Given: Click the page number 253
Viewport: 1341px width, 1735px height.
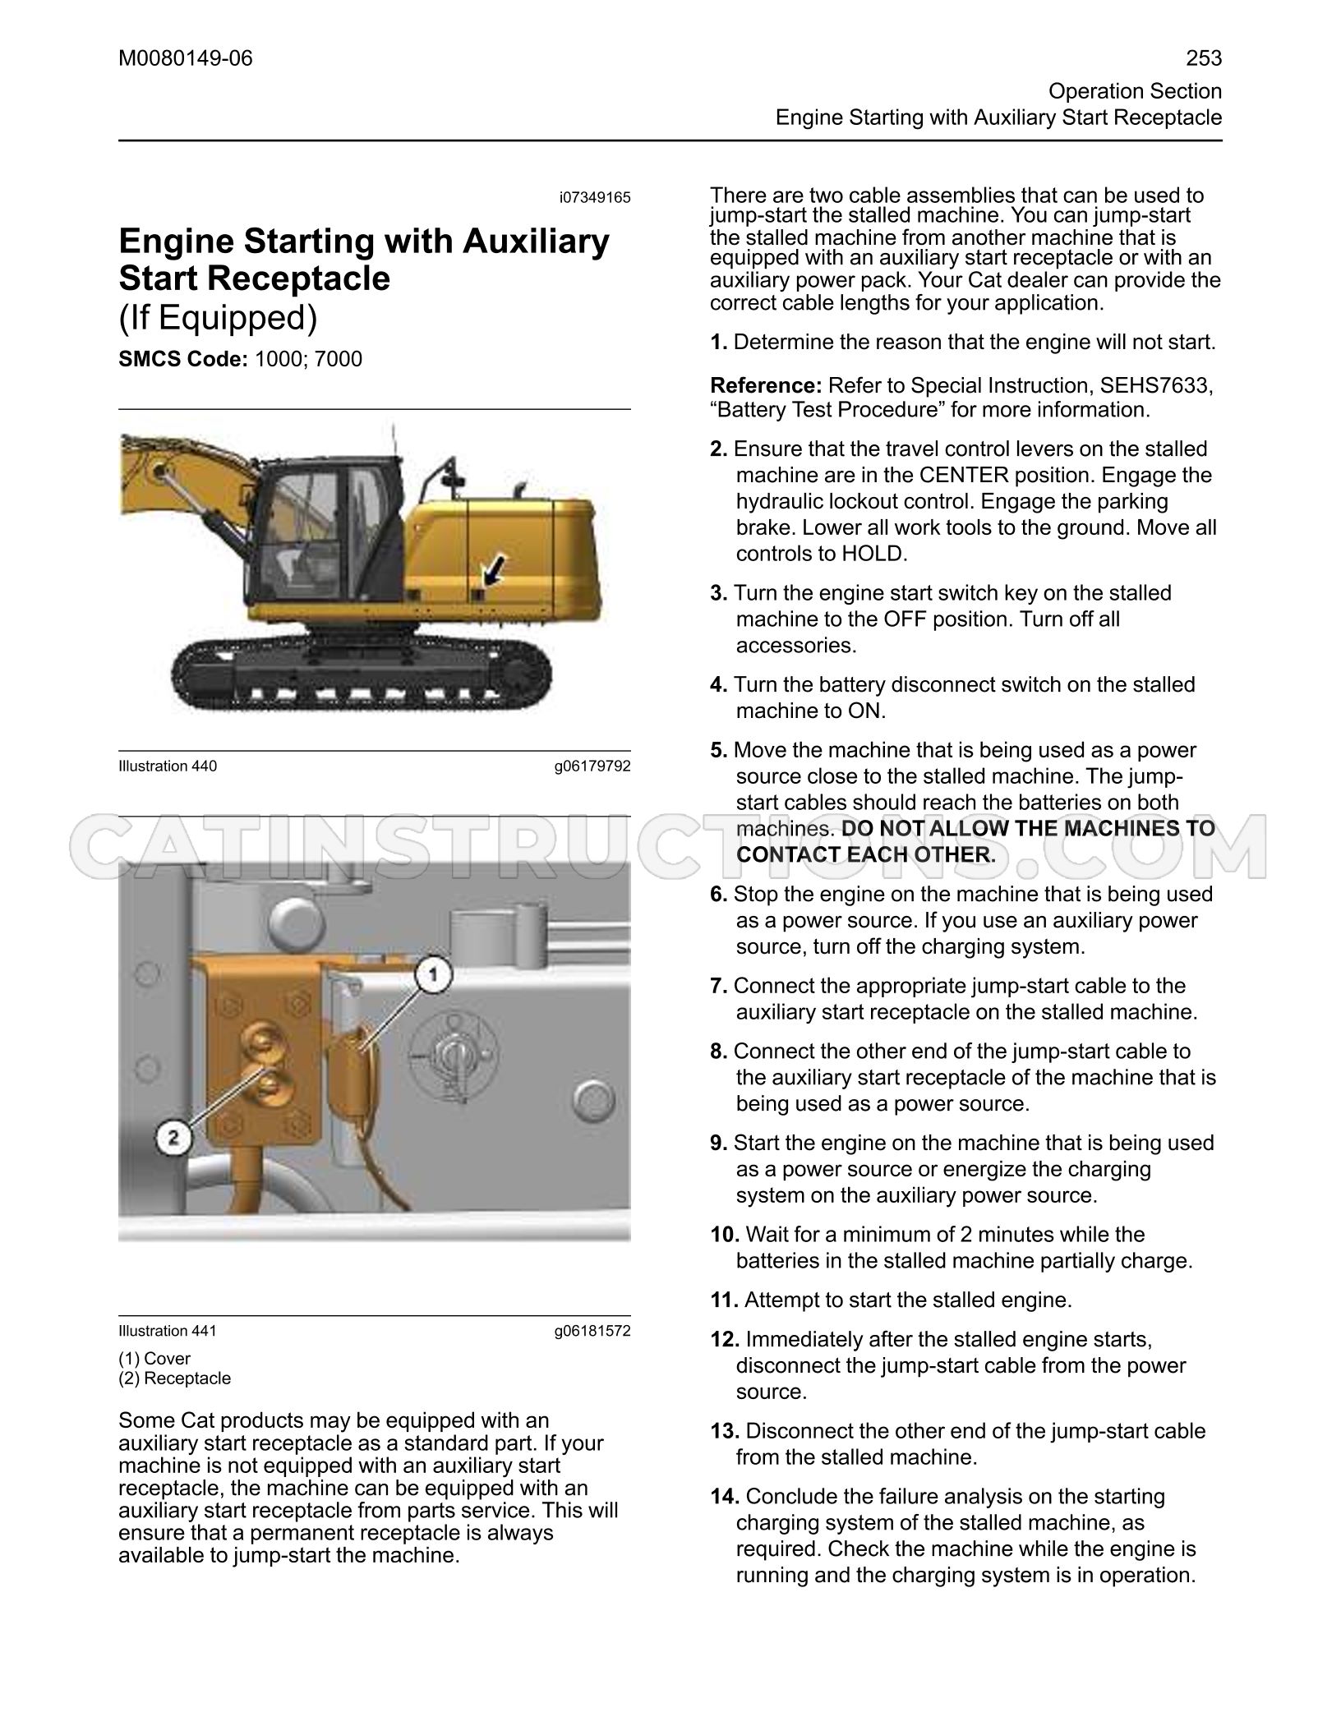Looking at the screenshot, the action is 1204,58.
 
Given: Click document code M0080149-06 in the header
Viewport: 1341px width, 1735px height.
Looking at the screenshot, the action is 186,58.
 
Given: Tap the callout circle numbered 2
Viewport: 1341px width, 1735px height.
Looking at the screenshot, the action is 173,1139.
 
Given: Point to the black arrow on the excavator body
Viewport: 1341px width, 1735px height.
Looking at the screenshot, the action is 495,568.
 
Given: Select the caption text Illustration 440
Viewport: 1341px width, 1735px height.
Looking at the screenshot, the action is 168,766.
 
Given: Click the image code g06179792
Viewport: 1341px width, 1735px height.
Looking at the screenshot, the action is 592,766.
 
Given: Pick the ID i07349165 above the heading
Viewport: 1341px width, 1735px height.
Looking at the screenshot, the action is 595,197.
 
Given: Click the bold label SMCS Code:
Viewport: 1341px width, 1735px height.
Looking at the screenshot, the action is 183,359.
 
